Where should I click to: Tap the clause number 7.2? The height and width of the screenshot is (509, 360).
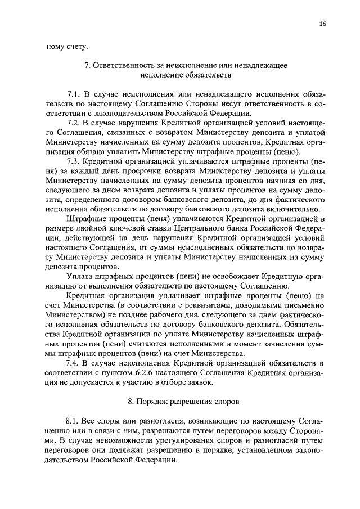click(x=73, y=122)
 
